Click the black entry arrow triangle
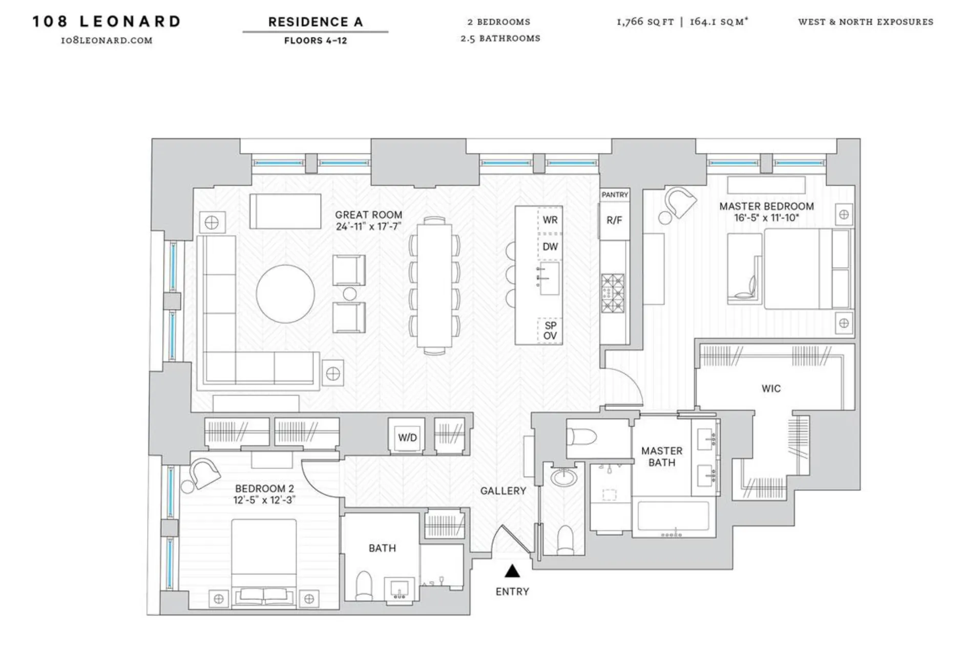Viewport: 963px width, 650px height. [x=512, y=571]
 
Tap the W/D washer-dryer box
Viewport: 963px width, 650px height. [x=407, y=437]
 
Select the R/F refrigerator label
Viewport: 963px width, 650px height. [x=614, y=220]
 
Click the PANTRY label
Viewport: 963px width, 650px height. [x=614, y=194]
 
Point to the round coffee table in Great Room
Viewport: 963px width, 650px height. [x=285, y=293]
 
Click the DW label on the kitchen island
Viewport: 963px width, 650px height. [x=550, y=247]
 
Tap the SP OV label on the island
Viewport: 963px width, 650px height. [x=550, y=331]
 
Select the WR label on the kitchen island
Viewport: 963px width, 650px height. [x=550, y=220]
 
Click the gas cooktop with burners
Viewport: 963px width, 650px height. [x=613, y=293]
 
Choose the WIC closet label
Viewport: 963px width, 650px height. [x=770, y=388]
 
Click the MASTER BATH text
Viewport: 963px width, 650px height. [x=661, y=457]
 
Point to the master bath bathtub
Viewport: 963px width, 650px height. [x=673, y=516]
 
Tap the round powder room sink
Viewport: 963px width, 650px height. [x=563, y=478]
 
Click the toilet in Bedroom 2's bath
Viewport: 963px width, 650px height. [x=364, y=585]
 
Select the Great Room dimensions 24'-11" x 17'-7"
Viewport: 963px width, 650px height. [x=368, y=226]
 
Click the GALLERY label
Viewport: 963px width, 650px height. [x=503, y=491]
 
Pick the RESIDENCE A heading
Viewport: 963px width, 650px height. [x=315, y=22]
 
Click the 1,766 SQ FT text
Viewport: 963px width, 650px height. [x=645, y=21]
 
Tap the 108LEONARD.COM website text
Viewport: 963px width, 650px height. [x=107, y=40]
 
